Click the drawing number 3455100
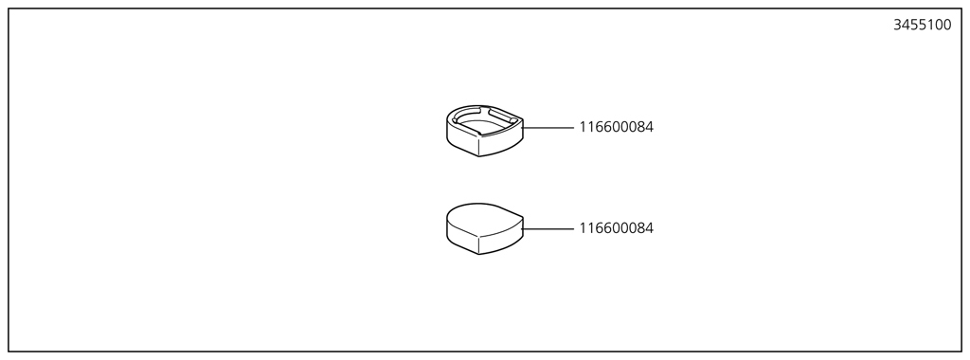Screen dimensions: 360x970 (x=922, y=26)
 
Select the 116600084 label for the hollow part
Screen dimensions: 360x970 (x=616, y=127)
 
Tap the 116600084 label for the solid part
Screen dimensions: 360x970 (x=616, y=228)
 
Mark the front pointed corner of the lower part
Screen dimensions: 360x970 (x=479, y=254)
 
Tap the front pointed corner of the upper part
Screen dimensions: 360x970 (x=479, y=155)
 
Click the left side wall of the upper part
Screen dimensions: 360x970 (x=460, y=140)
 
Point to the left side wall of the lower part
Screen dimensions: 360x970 (x=460, y=238)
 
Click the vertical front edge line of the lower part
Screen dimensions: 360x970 (x=479, y=243)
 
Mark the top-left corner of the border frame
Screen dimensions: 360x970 (x=9, y=9)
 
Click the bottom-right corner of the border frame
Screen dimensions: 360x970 (x=961, y=351)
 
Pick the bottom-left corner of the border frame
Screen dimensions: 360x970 (x=9, y=351)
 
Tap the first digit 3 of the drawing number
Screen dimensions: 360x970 (x=897, y=26)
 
